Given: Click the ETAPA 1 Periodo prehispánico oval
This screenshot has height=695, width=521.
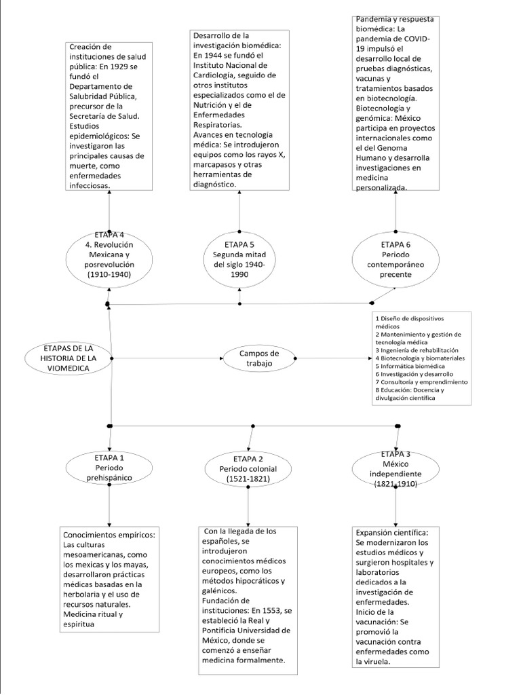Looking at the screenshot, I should coord(109,468).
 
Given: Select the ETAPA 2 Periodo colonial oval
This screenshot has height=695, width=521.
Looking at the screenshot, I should coord(248,468).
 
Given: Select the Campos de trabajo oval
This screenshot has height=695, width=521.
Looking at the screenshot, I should coord(259,358).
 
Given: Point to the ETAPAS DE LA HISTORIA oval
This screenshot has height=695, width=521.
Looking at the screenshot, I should coord(68,358).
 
